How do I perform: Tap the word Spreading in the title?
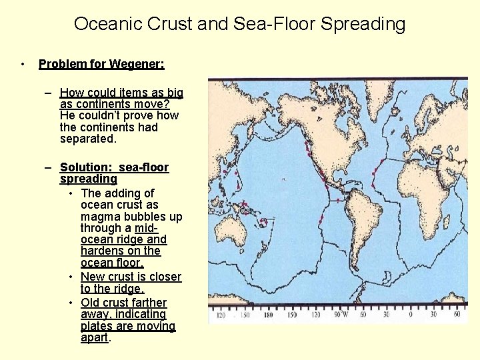(x=363, y=24)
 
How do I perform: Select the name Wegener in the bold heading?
(x=139, y=64)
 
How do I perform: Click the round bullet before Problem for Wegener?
(x=23, y=64)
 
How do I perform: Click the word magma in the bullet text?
(x=100, y=217)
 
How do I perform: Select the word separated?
(x=88, y=139)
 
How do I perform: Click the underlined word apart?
(x=93, y=337)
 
